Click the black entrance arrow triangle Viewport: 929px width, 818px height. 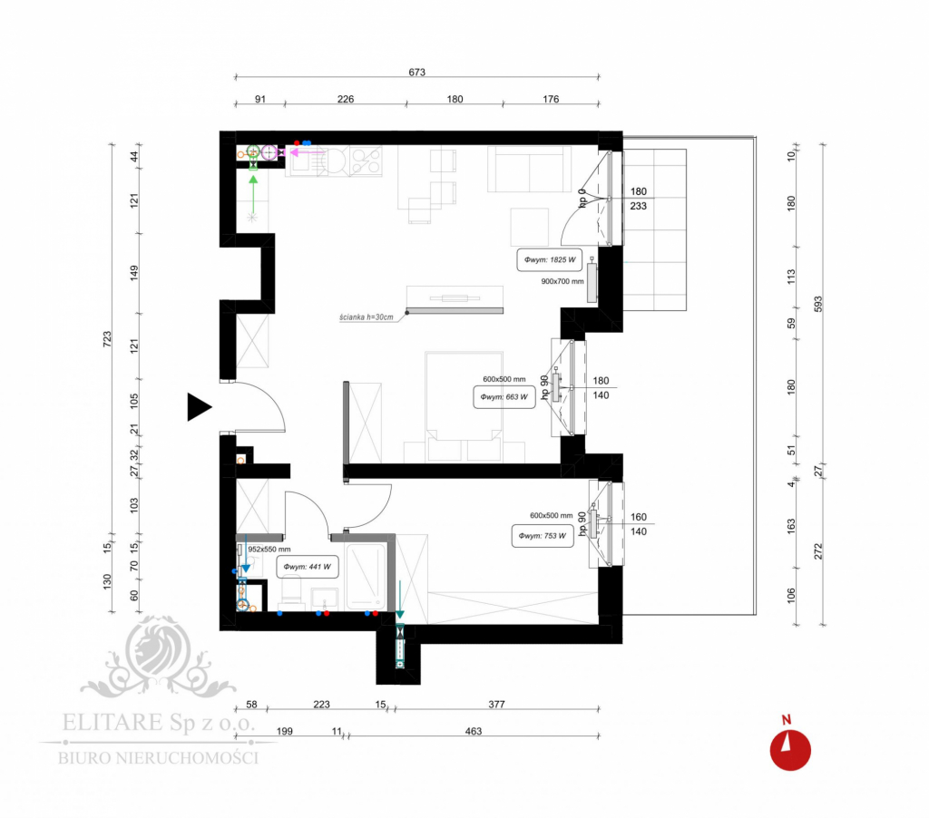tap(198, 408)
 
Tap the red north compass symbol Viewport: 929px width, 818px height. tap(790, 749)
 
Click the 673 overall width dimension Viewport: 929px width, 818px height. tap(417, 73)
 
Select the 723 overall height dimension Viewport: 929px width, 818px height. tap(107, 338)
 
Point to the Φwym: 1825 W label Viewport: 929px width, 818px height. tap(548, 260)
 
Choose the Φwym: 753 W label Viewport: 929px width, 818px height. tap(543, 535)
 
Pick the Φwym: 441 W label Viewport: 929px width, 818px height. tap(307, 569)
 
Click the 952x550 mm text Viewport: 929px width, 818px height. tap(269, 549)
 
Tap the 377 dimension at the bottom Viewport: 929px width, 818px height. tap(495, 704)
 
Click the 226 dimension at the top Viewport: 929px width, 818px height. tap(346, 100)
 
